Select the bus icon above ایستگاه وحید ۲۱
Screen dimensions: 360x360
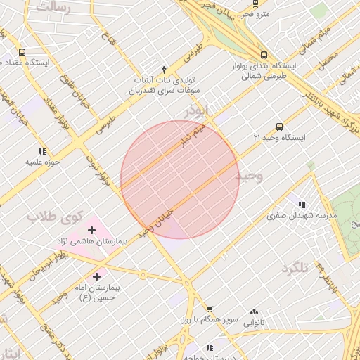click(x=280, y=127)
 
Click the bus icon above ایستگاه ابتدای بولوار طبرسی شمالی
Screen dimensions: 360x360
click(x=264, y=55)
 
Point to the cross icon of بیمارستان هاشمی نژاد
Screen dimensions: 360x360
click(x=91, y=230)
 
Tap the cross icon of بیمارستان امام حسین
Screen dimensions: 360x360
click(x=96, y=278)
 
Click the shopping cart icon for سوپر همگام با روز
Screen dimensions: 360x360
click(x=209, y=309)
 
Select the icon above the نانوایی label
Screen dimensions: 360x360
click(x=254, y=311)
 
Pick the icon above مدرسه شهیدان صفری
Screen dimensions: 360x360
click(x=302, y=205)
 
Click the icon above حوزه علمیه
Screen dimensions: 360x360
click(x=42, y=151)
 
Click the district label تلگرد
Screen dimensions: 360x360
click(x=295, y=269)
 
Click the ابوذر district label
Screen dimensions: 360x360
click(x=198, y=110)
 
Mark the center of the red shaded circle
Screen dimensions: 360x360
click(x=180, y=180)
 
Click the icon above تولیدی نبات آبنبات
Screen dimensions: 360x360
click(x=164, y=69)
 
